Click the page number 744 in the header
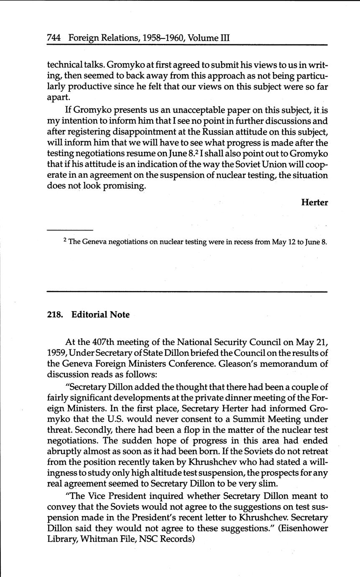pyautogui.click(x=54, y=38)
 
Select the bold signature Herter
pyautogui.click(x=314, y=202)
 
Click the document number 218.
pyautogui.click(x=54, y=314)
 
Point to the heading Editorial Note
pyautogui.click(x=100, y=314)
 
